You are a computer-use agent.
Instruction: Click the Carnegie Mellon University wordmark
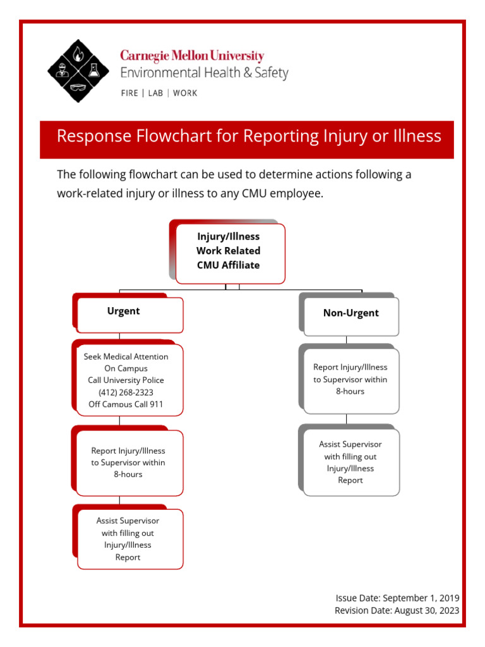[192, 56]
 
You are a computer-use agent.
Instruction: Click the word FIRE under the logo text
[130, 93]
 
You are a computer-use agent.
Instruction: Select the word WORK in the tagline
[184, 93]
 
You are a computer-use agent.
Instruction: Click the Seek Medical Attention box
[129, 379]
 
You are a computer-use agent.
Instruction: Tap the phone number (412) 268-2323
[126, 392]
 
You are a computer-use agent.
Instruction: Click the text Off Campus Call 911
[126, 404]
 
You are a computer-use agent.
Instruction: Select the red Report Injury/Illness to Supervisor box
[129, 462]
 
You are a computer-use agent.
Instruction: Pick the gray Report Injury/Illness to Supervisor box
[350, 378]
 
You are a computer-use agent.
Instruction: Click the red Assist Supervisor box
[129, 539]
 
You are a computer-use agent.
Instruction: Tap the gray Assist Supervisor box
[350, 462]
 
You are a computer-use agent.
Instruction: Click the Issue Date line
[397, 598]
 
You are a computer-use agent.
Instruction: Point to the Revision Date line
[397, 610]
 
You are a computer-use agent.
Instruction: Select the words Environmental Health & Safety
[204, 73]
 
